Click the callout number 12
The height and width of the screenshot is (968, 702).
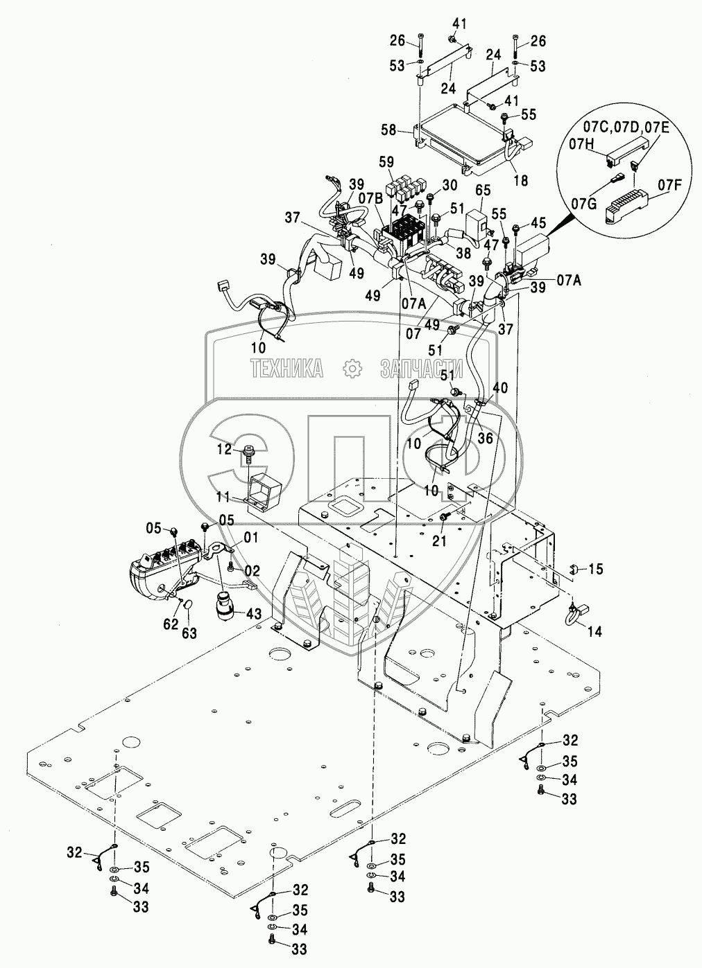coord(223,450)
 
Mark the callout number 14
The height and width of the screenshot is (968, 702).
coord(594,632)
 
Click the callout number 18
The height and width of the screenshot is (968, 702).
coord(520,180)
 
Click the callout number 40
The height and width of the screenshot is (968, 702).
coord(499,387)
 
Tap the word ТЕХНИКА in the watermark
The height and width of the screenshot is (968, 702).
coord(287,369)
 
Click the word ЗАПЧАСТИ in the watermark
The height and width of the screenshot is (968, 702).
coord(419,369)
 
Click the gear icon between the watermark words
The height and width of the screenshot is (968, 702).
coord(352,369)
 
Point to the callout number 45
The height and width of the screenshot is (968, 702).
coord(538,222)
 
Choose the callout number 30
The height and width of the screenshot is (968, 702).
coord(450,185)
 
